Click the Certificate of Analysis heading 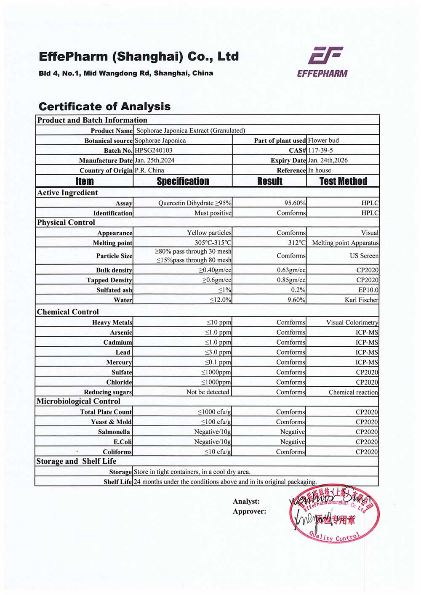pyautogui.click(x=104, y=106)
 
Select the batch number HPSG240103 pyautogui.click(x=154, y=150)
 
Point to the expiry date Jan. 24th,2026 pyautogui.click(x=328, y=160)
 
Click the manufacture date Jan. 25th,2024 pyautogui.click(x=155, y=160)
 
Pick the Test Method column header pyautogui.click(x=343, y=181)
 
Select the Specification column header pyautogui.click(x=183, y=181)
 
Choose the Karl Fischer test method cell pyautogui.click(x=361, y=300)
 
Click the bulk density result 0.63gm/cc pyautogui.click(x=291, y=270)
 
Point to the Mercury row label pyautogui.click(x=119, y=362)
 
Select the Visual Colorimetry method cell pyautogui.click(x=352, y=322)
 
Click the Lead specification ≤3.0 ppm pyautogui.click(x=218, y=352)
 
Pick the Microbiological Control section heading pyautogui.click(x=72, y=401)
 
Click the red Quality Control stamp pyautogui.click(x=334, y=513)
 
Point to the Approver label pyautogui.click(x=249, y=512)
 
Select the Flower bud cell pyautogui.click(x=323, y=141)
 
